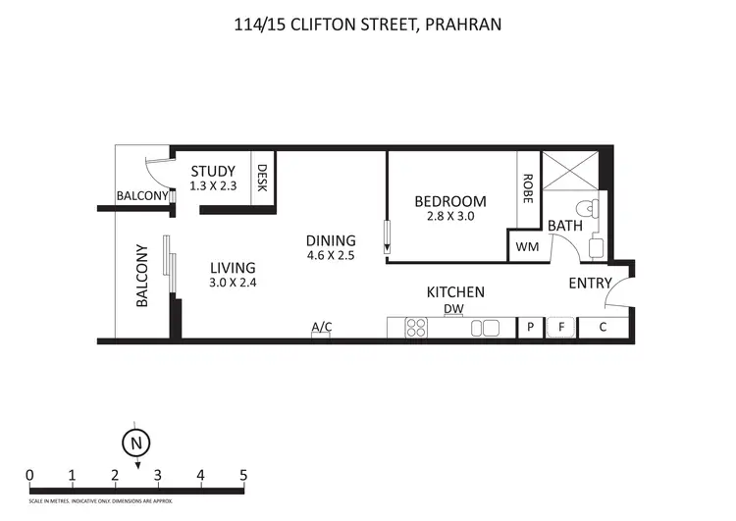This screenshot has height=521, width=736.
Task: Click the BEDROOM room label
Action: (450, 201)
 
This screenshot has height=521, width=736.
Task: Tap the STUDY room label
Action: (213, 172)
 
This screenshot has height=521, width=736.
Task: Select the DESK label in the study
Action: (262, 178)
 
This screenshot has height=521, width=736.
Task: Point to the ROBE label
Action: (528, 186)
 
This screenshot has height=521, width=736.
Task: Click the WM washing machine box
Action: (527, 246)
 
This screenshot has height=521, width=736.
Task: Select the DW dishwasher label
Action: (453, 310)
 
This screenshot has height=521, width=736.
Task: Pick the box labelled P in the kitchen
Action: (531, 328)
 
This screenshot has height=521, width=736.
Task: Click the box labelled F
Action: (561, 328)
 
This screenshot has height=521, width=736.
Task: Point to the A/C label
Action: (321, 327)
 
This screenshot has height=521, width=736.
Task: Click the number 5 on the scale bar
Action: (243, 476)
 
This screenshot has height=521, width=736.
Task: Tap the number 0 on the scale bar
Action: (30, 476)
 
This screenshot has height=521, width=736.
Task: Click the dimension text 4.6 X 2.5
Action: (331, 255)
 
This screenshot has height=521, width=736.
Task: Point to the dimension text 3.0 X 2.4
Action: (233, 283)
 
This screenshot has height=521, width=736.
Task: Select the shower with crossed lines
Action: (569, 174)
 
